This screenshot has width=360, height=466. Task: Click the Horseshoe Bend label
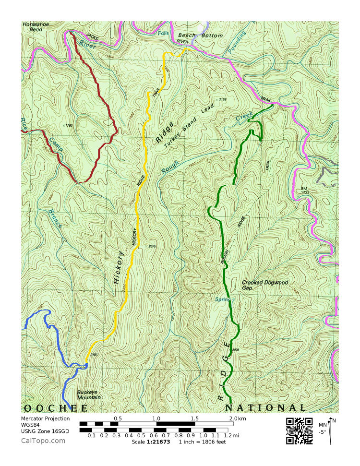click(33, 26)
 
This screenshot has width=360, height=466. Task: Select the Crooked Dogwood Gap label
click(265, 285)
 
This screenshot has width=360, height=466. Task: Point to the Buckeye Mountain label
click(89, 394)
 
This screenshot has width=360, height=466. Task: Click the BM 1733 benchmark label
click(304, 190)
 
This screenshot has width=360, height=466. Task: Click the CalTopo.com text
click(43, 441)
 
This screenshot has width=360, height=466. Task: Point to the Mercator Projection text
click(46, 418)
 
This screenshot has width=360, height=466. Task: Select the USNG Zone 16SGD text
click(45, 431)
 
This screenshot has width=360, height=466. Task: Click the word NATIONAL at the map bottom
click(265, 408)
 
